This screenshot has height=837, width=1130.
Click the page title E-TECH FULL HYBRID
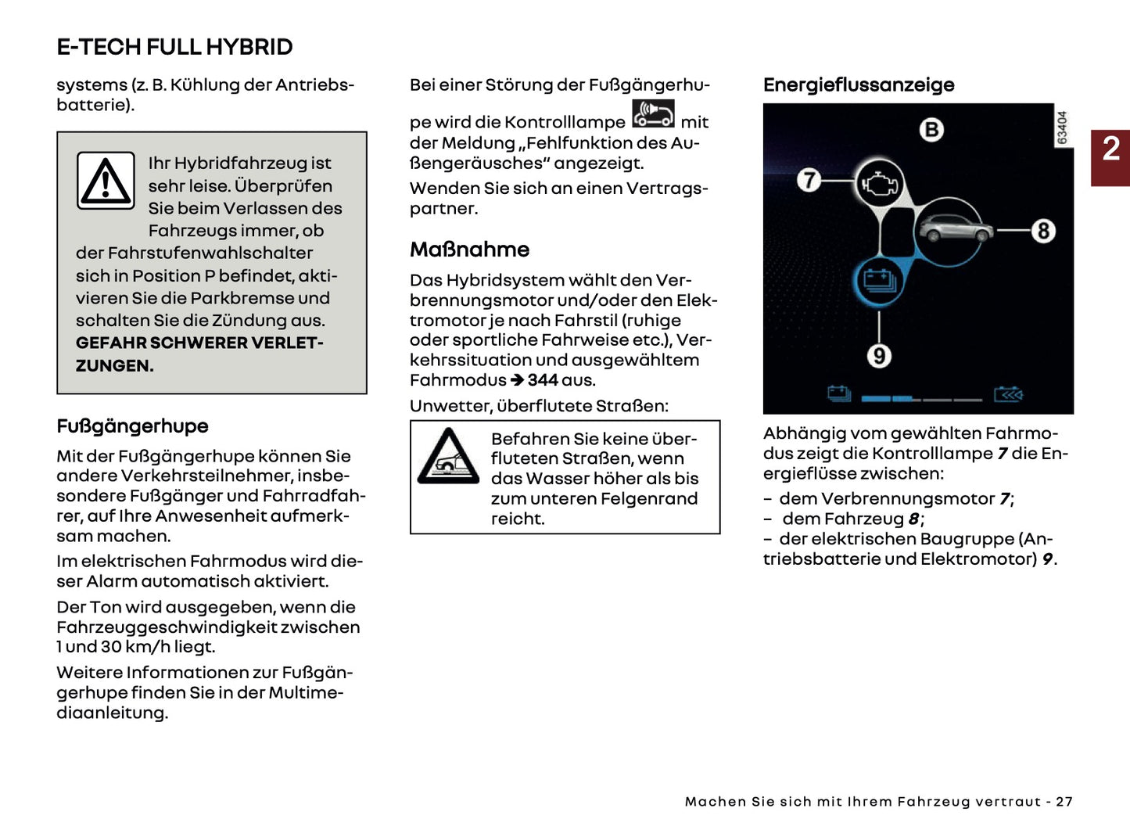(x=174, y=47)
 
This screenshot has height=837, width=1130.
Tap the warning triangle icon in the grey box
(x=106, y=181)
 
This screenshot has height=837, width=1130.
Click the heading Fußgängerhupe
(x=132, y=426)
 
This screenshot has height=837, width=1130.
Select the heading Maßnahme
(x=469, y=250)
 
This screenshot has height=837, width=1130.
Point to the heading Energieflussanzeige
(x=859, y=84)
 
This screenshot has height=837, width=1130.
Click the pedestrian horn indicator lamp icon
(x=653, y=113)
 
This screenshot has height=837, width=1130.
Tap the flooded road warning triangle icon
(x=448, y=457)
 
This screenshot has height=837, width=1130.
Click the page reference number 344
(x=542, y=380)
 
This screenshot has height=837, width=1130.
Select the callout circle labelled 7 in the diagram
(x=809, y=180)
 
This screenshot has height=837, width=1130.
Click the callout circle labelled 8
(x=1042, y=231)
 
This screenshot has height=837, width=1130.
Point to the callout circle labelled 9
(x=879, y=356)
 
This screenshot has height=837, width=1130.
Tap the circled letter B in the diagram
(x=931, y=129)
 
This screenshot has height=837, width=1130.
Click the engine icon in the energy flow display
(x=881, y=184)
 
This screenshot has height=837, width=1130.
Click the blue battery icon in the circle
(x=880, y=281)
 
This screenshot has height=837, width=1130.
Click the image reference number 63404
(x=1062, y=128)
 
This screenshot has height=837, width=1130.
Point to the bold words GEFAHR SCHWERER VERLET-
(x=199, y=343)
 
